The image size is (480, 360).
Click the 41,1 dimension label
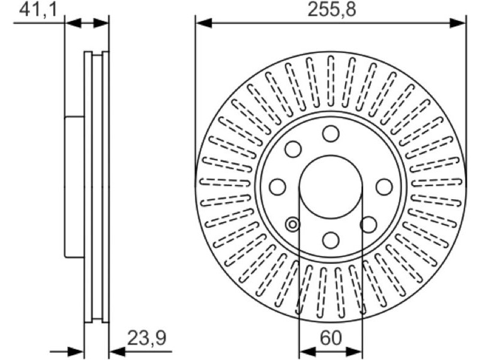coord(38,10)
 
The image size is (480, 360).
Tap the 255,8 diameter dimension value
coord(332,10)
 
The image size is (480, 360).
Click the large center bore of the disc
coord(331,187)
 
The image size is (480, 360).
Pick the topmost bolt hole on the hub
coord(331,134)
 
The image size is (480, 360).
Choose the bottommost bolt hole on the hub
coord(331,240)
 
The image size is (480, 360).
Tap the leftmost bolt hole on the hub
coord(277,187)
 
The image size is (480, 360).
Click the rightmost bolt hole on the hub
coord(384,187)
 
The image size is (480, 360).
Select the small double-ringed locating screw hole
coord(293,224)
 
